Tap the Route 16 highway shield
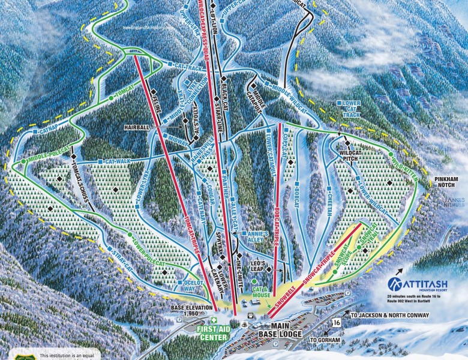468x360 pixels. click(337, 323)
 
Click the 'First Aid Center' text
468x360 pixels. click(208, 333)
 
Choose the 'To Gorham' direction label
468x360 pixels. click(325, 340)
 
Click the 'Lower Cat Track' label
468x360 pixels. click(352, 108)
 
